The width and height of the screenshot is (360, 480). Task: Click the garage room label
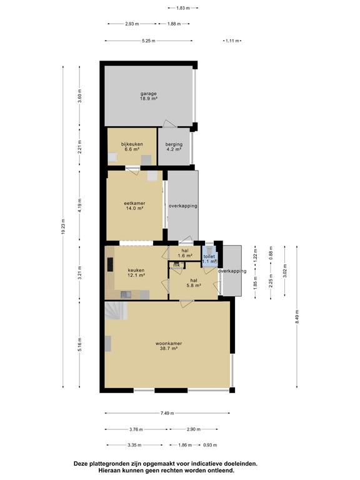(x=149, y=96)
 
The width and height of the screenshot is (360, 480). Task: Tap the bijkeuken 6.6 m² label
(x=132, y=147)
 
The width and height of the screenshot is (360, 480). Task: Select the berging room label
(x=174, y=147)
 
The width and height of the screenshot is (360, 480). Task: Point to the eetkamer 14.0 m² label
(x=134, y=206)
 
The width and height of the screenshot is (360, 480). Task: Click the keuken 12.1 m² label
(x=136, y=272)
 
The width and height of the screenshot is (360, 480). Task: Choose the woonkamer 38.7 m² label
(x=169, y=346)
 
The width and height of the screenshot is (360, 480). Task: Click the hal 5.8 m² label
(x=194, y=283)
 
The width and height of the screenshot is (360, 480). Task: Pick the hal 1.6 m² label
(x=185, y=253)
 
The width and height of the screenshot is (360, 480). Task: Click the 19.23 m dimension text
(x=63, y=227)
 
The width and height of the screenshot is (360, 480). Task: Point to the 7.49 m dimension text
(x=167, y=413)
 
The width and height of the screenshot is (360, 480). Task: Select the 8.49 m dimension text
(x=297, y=316)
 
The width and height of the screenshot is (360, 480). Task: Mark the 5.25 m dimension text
(x=149, y=41)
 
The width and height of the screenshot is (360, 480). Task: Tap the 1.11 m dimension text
(x=232, y=41)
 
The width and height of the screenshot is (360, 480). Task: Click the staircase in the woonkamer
(x=116, y=311)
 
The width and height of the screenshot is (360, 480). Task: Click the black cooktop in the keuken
(x=110, y=264)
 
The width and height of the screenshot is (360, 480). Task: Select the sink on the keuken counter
(x=126, y=294)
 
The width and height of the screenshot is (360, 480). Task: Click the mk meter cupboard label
(x=177, y=265)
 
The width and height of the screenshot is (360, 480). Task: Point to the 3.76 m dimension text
(x=136, y=429)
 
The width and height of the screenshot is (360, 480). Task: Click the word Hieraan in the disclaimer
(x=108, y=470)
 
